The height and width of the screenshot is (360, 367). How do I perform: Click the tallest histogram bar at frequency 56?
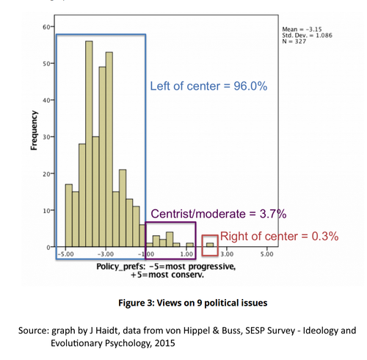pos(89,144)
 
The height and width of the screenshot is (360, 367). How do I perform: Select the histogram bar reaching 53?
pos(109,149)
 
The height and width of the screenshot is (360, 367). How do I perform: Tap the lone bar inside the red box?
pos(210,245)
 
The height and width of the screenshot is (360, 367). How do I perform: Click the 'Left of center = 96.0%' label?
pos(208,86)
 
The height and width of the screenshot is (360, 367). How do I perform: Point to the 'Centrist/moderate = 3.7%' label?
pos(219,214)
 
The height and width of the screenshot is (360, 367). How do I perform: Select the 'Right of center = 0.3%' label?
pos(279,237)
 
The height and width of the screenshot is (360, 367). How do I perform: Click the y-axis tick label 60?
pos(46,27)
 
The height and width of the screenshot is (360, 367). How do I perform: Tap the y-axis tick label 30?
pos(46,137)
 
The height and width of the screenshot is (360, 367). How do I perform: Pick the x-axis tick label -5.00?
pos(65,254)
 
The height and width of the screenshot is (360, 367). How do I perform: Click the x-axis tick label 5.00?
pos(266,254)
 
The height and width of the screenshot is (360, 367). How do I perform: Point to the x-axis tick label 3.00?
pos(227,254)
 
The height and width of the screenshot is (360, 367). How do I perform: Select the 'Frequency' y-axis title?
pos(34,130)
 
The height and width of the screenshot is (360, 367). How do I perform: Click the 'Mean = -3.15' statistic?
pos(302,29)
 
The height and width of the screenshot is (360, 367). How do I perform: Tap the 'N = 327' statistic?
pos(294,41)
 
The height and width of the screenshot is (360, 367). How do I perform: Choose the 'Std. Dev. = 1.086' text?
pos(308,35)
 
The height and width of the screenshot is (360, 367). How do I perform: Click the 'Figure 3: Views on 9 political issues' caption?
pos(193,303)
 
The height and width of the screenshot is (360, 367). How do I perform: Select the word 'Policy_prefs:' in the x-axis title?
pos(121,267)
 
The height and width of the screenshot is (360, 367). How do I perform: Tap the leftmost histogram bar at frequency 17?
pos(69,215)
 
